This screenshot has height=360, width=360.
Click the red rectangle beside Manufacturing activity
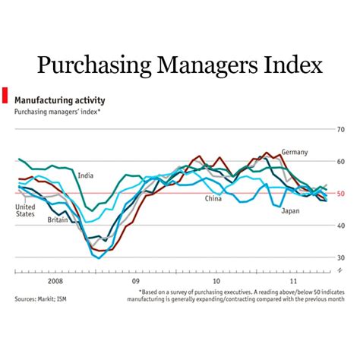5,95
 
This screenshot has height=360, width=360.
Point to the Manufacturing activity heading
59,99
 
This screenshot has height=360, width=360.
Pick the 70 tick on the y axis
341,130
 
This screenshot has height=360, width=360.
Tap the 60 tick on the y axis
341,162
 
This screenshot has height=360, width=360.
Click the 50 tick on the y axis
341,194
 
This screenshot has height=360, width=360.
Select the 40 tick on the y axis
341,226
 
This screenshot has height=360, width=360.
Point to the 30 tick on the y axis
341,257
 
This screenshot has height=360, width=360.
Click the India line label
85,176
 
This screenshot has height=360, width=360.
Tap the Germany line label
295,153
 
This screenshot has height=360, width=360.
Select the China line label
214,199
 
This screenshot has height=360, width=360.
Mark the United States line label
25,210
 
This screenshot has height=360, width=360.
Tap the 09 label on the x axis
136,279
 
